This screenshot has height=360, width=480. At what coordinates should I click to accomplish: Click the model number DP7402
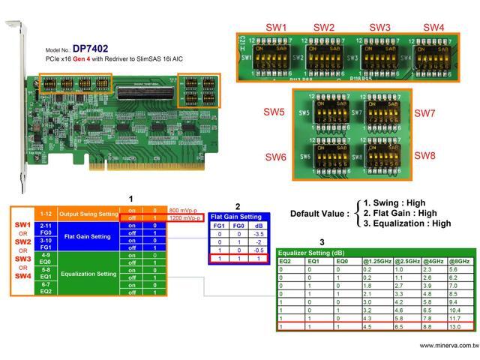coord(90,48)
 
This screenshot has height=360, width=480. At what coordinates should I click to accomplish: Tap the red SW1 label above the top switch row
coord(276,27)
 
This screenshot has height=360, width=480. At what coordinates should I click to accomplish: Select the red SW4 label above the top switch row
coord(433,27)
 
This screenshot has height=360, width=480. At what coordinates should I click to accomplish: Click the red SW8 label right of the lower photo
coord(424,155)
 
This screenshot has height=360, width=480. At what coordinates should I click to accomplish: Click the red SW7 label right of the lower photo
coord(424,113)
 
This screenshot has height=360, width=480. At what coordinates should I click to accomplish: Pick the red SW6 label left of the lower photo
coord(275,157)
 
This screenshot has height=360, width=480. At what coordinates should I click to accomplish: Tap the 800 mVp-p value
coord(182,210)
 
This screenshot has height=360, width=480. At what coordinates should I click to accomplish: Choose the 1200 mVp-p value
coord(184,217)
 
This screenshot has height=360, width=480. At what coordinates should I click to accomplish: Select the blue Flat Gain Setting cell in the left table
coord(88,237)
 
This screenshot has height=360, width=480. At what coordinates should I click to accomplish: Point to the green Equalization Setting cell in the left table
coord(88,274)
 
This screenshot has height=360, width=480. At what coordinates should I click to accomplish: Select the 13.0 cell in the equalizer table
coord(456,325)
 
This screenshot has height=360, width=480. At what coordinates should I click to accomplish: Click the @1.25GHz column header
coord(376,260)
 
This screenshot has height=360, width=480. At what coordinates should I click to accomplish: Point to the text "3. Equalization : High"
coord(407,223)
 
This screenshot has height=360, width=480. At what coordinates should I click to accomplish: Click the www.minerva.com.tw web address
coord(448,346)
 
